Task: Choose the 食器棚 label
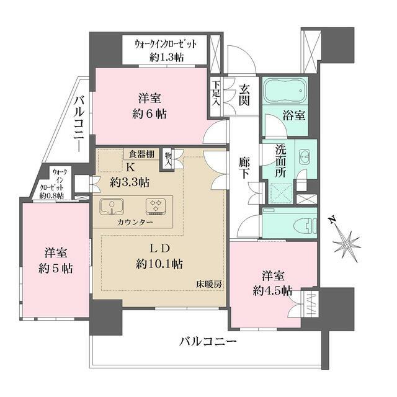coord(143,154)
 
